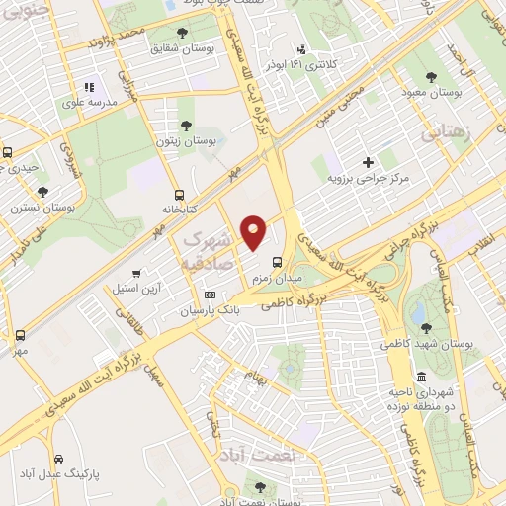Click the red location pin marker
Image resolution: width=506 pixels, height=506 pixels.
[x=254, y=231]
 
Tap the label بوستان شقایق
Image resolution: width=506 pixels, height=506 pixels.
[x=179, y=46]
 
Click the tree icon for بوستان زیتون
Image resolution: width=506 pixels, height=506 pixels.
[x=186, y=126]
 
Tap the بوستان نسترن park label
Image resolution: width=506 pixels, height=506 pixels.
[x=42, y=209]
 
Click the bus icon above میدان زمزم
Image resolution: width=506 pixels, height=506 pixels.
[x=276, y=263]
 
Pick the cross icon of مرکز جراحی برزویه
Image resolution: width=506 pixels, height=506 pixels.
[x=368, y=162]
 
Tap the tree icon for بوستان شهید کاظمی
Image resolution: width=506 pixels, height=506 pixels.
[x=426, y=328]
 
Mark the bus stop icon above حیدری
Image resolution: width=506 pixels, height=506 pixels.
[x=8, y=153]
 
